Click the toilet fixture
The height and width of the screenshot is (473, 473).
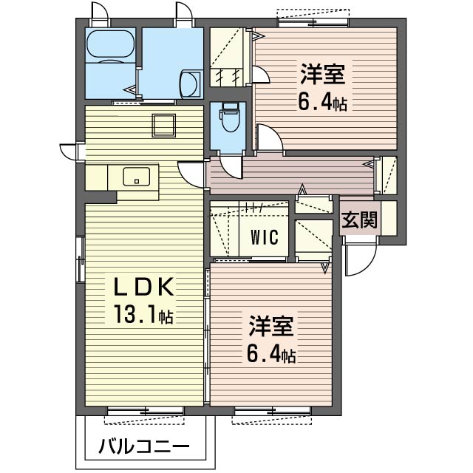tap(231, 118)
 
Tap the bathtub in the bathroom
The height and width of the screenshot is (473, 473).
tap(110, 44)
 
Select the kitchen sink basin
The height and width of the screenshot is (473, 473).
tap(136, 177)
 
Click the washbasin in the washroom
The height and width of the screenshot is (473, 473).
tap(190, 84)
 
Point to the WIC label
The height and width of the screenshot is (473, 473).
tap(265, 237)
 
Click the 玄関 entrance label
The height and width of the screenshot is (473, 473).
tap(359, 220)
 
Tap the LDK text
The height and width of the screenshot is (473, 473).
tap(143, 286)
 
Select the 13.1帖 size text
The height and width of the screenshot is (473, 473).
tap(143, 314)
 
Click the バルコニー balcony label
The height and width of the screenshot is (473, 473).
tap(144, 446)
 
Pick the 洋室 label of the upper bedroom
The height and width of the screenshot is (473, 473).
tap(322, 74)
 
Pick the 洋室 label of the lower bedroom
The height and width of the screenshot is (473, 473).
tap(271, 326)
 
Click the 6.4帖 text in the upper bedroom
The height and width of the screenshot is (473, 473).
tap(322, 102)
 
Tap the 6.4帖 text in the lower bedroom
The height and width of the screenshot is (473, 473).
tap(271, 353)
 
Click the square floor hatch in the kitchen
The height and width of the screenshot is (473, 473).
tap(164, 126)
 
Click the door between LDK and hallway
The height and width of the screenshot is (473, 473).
tap(192, 174)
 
